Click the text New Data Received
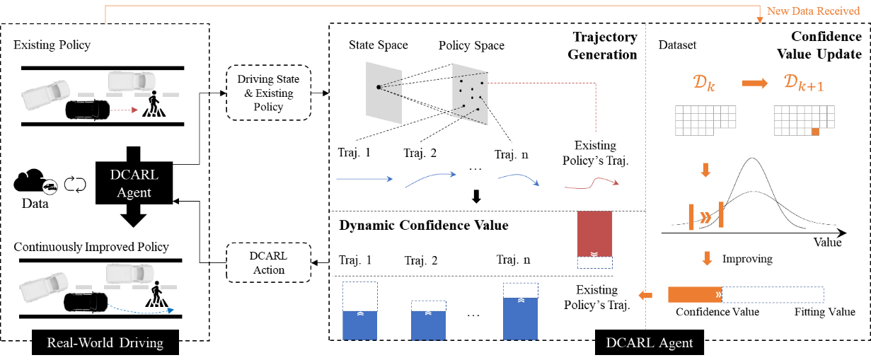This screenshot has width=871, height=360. pos(813,11)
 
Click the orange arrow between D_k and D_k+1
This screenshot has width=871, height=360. pos(754,83)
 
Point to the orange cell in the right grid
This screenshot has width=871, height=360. pos(815,132)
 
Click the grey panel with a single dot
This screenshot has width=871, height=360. pos(383,92)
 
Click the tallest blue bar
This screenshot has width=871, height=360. pos(521,318)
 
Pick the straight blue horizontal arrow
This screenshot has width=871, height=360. pos(364,179)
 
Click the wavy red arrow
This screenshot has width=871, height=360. pos(592,185)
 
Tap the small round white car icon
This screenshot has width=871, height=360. pos(50,187)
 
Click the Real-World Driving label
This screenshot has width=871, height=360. pos(105,343)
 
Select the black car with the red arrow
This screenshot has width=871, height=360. pos(87,110)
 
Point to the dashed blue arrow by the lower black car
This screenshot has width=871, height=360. pos(142,309)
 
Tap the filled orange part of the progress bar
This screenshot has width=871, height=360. pos(694,294)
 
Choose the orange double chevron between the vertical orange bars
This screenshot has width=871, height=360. pos(705,216)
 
